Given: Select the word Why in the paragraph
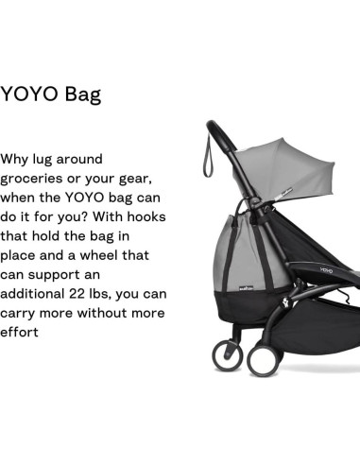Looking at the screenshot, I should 17,159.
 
